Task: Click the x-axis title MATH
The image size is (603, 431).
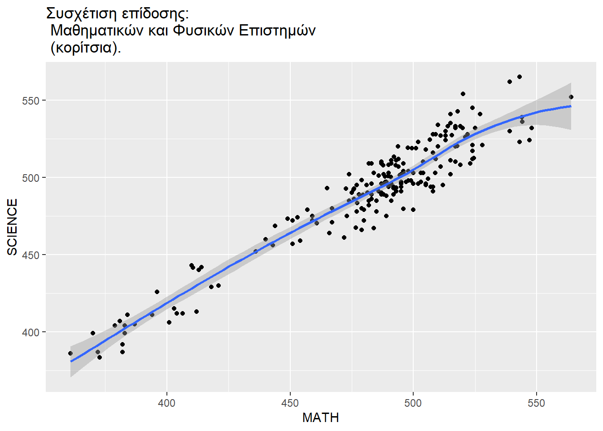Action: (x=320, y=418)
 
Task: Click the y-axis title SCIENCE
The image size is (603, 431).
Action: (x=13, y=227)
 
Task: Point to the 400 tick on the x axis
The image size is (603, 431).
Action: (x=166, y=403)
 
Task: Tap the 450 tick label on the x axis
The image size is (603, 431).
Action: (x=290, y=403)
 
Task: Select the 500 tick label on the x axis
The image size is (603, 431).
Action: (x=413, y=403)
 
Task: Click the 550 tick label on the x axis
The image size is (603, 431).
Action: (x=536, y=403)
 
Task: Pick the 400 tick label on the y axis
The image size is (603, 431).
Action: (x=31, y=332)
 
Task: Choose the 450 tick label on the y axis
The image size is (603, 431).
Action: (x=31, y=255)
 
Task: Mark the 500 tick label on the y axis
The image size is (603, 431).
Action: (x=31, y=178)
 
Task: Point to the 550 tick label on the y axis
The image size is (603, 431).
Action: (x=31, y=101)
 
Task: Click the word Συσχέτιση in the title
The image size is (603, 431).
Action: (x=81, y=14)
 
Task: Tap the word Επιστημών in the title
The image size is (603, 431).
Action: (x=277, y=31)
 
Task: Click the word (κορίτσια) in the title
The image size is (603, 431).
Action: (x=86, y=47)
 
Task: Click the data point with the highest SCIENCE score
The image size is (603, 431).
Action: (x=520, y=77)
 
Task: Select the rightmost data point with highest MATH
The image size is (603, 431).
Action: (x=571, y=97)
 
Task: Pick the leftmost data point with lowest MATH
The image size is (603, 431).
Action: (x=70, y=353)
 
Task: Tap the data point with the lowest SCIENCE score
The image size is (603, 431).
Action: (x=100, y=357)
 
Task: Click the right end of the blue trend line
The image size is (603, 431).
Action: (x=571, y=106)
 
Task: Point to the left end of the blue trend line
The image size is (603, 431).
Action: (x=71, y=361)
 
